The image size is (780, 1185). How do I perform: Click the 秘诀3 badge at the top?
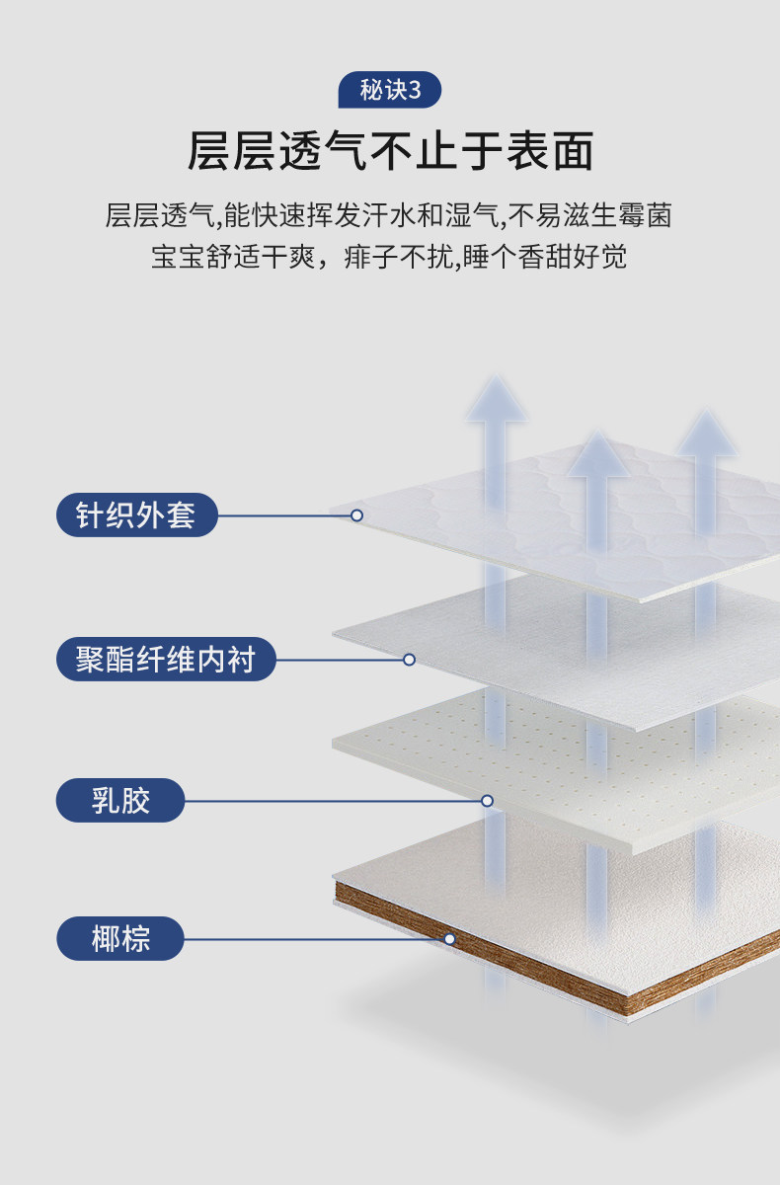pyautogui.click(x=390, y=91)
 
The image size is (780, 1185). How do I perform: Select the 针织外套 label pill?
pyautogui.click(x=136, y=514)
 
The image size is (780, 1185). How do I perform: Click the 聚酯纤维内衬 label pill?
pyautogui.click(x=164, y=659)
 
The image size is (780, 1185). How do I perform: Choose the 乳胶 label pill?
pyautogui.click(x=120, y=800)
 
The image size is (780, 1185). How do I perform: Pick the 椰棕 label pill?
pyautogui.click(x=120, y=938)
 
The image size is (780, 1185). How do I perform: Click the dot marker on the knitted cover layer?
pyautogui.click(x=356, y=514)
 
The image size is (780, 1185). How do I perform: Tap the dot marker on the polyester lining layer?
pyautogui.click(x=409, y=659)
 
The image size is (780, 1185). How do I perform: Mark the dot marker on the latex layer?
pyautogui.click(x=487, y=800)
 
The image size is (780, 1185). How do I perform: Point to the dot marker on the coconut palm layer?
pyautogui.click(x=449, y=938)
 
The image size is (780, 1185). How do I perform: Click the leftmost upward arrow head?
pyautogui.click(x=497, y=401)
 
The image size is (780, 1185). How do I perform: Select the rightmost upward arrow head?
pyautogui.click(x=706, y=434)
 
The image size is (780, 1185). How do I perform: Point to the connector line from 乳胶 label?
pyautogui.click(x=336, y=800)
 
